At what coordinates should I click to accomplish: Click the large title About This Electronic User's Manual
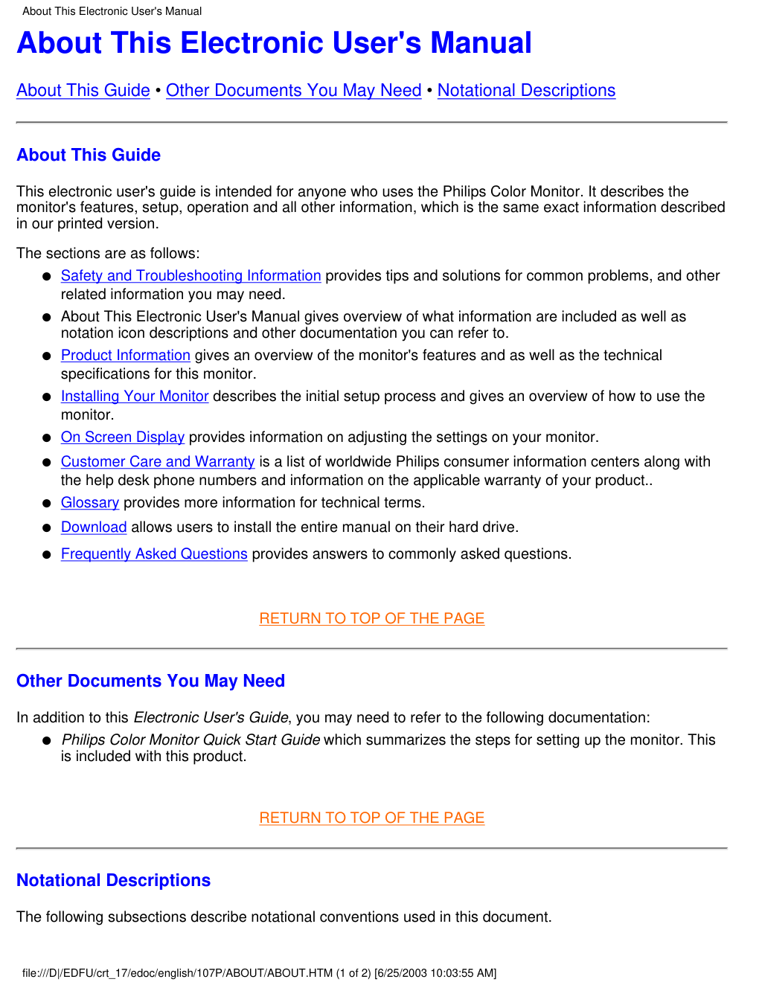[274, 43]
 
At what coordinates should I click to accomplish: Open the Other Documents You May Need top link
[293, 91]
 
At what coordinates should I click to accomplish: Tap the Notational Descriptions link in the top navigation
[526, 91]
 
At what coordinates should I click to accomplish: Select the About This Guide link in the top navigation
[83, 91]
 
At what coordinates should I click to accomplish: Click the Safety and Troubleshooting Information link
[190, 276]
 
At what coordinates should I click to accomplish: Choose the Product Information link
[125, 356]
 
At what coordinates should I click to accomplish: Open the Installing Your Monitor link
[134, 397]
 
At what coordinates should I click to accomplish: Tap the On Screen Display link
[122, 437]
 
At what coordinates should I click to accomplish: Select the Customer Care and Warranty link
[158, 462]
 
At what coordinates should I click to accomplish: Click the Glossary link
[89, 503]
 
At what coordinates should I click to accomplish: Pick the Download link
[94, 527]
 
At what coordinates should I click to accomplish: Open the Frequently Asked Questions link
[154, 554]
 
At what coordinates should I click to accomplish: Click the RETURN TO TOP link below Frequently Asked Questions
[371, 619]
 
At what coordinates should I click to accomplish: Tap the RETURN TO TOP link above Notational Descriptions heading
[371, 818]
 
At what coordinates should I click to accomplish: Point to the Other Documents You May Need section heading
[150, 681]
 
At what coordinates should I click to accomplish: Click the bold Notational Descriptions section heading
[113, 881]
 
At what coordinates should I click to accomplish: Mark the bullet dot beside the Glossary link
[46, 504]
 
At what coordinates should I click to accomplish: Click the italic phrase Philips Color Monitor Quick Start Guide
[190, 740]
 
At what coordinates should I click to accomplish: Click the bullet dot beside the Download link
[46, 528]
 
